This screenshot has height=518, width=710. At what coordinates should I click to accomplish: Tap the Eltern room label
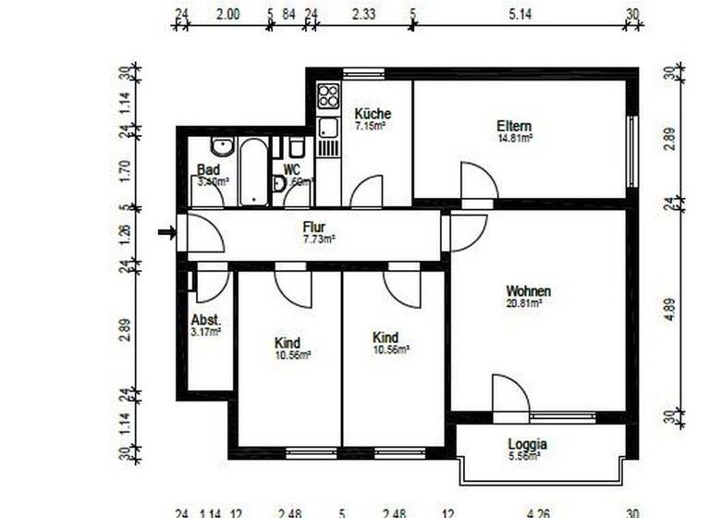(514, 126)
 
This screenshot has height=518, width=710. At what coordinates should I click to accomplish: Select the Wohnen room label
(528, 290)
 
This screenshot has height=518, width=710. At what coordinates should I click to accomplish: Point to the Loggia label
(527, 443)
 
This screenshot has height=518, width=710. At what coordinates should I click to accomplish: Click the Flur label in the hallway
(313, 227)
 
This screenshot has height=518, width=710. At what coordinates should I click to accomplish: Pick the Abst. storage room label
(205, 319)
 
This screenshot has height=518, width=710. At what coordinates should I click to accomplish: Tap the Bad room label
(207, 170)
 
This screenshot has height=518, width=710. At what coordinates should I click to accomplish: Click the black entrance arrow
(166, 232)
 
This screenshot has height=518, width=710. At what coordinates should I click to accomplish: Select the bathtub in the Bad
(252, 171)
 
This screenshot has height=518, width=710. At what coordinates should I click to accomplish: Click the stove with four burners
(328, 96)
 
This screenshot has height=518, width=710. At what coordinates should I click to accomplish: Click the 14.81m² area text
(515, 138)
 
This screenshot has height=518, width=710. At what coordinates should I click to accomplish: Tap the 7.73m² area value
(319, 239)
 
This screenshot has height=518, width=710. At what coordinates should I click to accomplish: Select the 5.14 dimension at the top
(522, 13)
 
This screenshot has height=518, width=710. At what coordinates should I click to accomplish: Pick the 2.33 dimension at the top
(363, 13)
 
